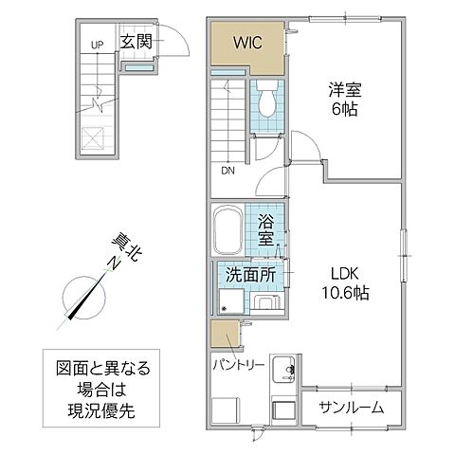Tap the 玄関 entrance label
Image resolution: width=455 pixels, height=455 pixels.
136,41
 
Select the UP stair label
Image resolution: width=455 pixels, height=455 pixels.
97,45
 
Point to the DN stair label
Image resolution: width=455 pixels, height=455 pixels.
227,172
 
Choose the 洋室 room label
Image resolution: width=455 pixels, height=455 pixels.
345,92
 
